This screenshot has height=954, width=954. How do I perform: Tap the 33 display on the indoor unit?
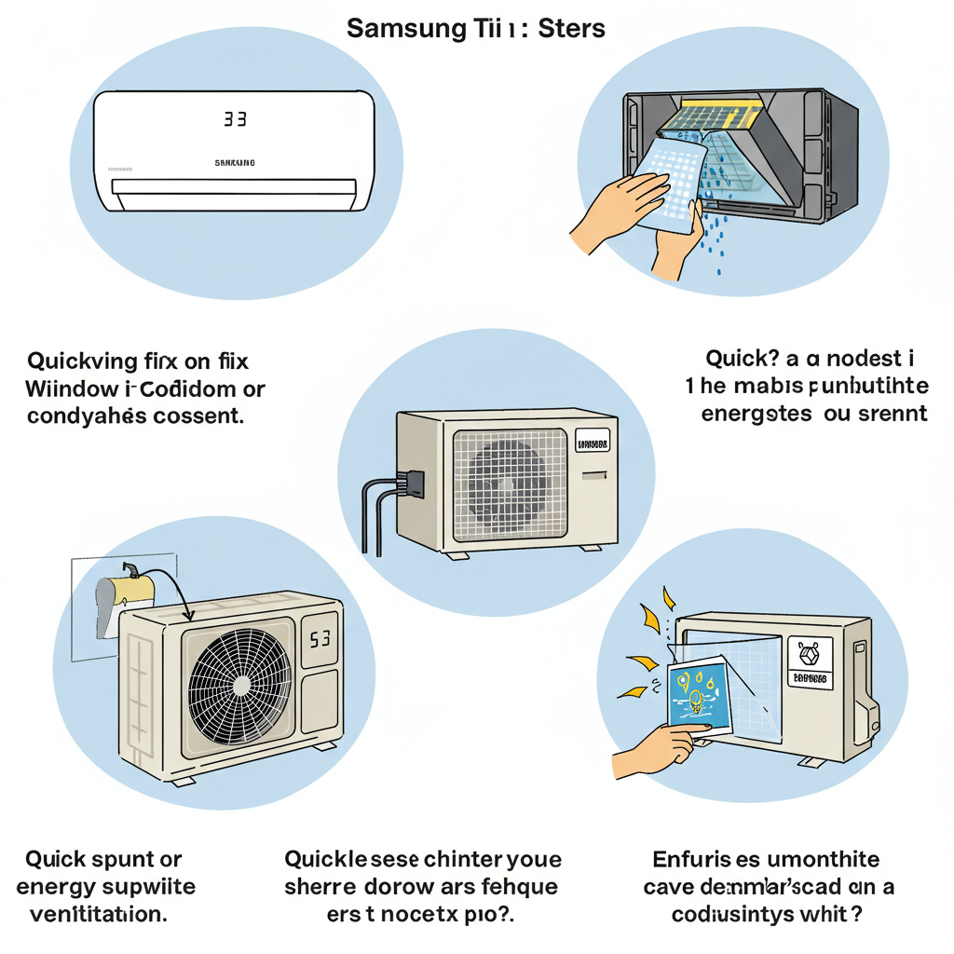pyautogui.click(x=234, y=119)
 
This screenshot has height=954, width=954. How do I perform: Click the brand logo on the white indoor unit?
pyautogui.click(x=235, y=163)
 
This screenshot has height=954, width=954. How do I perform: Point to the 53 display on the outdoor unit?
pyautogui.click(x=320, y=641)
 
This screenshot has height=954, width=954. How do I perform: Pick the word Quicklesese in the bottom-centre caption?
pyautogui.click(x=352, y=858)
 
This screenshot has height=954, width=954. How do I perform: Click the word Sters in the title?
pyautogui.click(x=571, y=28)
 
